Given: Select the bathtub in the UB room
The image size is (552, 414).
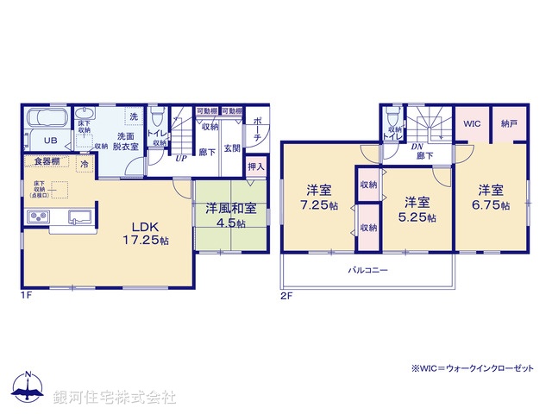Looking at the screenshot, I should point(47,120).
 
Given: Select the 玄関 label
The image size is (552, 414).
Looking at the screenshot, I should point(233,148).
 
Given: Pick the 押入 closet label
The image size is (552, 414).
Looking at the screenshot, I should point(256,166).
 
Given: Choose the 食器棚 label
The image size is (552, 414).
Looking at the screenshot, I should point(47,161).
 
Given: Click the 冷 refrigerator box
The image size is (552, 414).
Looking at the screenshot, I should point(85,163).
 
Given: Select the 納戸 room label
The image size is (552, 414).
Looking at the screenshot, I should point(509,125).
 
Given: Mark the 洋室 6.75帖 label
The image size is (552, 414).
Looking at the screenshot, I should point(492,198).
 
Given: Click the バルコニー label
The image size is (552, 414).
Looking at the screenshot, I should point(367,271).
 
